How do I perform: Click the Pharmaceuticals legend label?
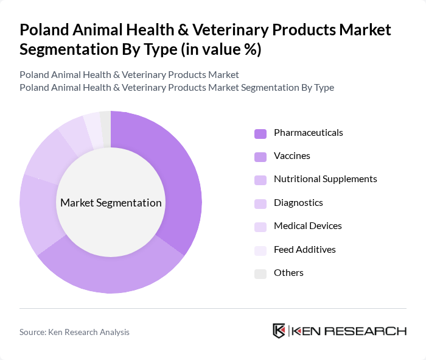pos(308,133)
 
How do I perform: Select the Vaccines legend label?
pos(292,156)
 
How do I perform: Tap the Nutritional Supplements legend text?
pos(325,179)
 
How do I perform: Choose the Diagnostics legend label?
pos(298,203)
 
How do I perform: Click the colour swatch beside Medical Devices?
pos(260,227)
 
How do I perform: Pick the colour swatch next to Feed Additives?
pos(260,250)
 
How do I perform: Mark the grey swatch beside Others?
pos(260,274)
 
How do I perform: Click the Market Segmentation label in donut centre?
pos(110,203)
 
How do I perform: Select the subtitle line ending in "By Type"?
pos(176,88)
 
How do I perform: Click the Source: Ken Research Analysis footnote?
pos(74,332)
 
